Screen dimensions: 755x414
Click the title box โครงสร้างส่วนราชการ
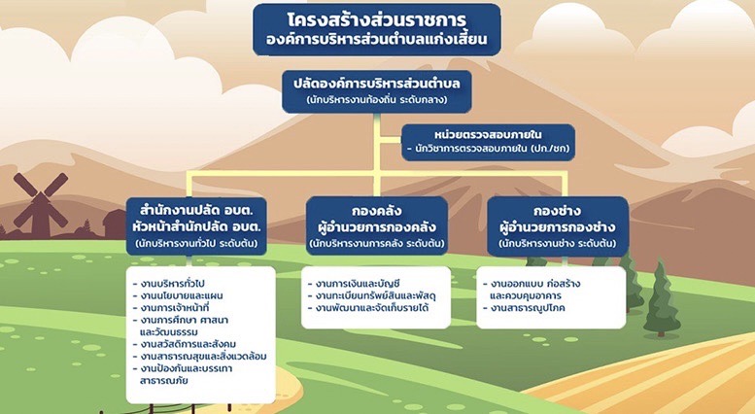click(x=377, y=29)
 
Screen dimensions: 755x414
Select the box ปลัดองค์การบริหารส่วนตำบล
click(x=377, y=91)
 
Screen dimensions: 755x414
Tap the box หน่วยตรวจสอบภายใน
click(x=488, y=142)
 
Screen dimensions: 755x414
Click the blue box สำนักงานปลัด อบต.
click(x=196, y=225)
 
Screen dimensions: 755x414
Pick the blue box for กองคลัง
click(x=377, y=225)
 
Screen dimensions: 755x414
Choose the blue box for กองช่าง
click(x=558, y=225)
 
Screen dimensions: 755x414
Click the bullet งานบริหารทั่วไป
click(x=169, y=284)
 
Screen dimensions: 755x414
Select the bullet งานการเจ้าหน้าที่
click(x=171, y=308)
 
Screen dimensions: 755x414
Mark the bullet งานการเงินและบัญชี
click(x=354, y=284)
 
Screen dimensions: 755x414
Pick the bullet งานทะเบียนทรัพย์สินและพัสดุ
click(x=372, y=295)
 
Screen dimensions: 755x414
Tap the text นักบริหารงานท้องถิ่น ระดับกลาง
click(x=377, y=100)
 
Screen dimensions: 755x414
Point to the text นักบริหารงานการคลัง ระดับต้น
click(x=377, y=243)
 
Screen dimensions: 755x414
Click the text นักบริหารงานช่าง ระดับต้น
click(x=558, y=243)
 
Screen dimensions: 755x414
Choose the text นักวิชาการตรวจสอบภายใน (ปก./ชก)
click(x=488, y=149)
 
